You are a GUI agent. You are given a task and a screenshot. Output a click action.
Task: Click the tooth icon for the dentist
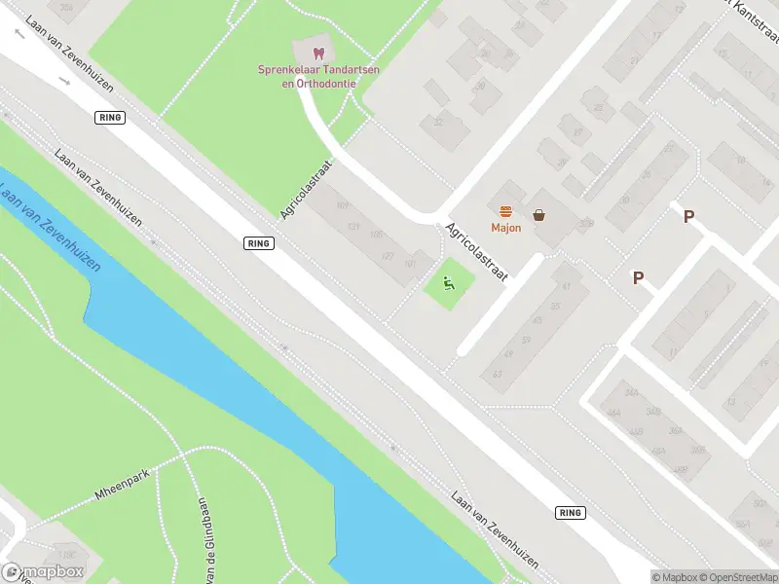316,53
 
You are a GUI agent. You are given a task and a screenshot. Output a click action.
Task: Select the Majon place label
505,229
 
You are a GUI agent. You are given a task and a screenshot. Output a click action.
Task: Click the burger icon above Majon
505,212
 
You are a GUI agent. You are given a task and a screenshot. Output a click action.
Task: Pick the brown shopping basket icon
538,214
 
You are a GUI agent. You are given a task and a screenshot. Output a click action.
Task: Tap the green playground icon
449,284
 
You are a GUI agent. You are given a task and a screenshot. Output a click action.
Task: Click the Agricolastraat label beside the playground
477,255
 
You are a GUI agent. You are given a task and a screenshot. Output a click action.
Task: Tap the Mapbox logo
42,572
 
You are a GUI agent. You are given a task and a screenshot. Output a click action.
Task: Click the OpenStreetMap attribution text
738,577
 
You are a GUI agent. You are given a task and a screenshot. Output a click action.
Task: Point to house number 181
410,263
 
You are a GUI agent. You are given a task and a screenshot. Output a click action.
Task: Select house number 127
389,256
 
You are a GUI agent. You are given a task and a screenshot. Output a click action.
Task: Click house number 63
498,375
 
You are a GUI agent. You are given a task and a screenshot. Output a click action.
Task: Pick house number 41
565,286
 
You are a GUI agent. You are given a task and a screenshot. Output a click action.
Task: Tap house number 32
437,122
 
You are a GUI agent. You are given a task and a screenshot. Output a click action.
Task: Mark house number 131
354,228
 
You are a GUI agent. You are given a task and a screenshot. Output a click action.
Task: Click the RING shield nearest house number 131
258,243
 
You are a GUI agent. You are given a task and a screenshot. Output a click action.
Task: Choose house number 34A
632,394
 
